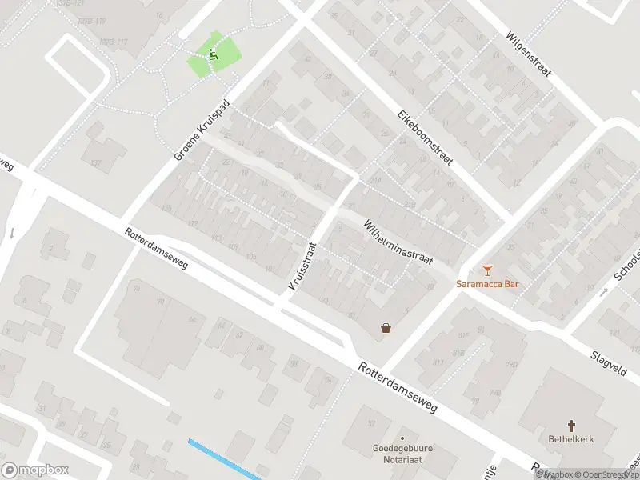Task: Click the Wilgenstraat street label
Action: (x=529, y=54)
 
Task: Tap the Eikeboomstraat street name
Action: (x=425, y=138)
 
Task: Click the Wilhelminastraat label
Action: (x=398, y=242)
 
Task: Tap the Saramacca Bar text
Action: (x=488, y=284)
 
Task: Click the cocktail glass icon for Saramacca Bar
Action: (x=488, y=270)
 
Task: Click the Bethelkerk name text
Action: (x=571, y=439)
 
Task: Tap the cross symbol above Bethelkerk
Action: (x=572, y=426)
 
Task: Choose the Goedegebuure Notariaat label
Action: (x=402, y=454)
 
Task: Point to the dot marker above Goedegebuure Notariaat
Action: (x=402, y=438)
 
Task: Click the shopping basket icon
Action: (x=386, y=327)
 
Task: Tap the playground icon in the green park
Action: (x=213, y=54)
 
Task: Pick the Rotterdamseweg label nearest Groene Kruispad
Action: (x=156, y=248)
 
